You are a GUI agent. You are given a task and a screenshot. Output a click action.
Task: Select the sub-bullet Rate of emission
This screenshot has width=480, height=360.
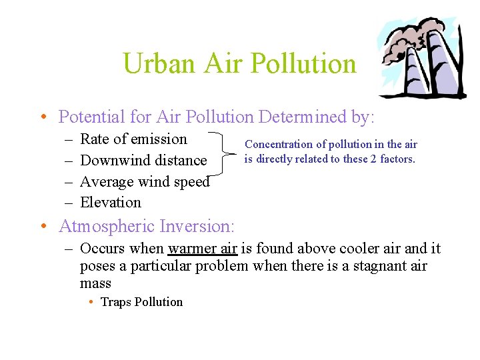(133, 139)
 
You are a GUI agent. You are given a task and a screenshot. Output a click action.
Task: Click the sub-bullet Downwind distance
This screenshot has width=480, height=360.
(143, 161)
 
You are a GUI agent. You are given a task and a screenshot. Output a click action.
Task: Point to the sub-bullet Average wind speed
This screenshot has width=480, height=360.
(145, 181)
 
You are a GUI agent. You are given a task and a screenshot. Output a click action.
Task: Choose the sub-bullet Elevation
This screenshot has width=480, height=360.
(111, 203)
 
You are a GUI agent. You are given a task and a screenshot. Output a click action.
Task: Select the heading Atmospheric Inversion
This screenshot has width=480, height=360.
(146, 227)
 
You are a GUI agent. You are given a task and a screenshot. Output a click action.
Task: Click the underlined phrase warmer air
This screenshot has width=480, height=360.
(203, 249)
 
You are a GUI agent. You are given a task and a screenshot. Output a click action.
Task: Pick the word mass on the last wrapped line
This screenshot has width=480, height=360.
(95, 283)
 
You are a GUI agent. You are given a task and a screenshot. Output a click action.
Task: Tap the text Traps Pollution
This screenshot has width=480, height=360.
(141, 302)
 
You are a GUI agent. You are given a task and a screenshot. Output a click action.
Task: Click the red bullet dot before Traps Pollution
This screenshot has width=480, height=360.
(91, 302)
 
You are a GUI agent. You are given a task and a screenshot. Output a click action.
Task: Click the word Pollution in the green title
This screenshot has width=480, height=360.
(304, 63)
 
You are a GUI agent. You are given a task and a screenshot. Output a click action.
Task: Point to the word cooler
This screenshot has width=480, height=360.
(359, 249)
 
